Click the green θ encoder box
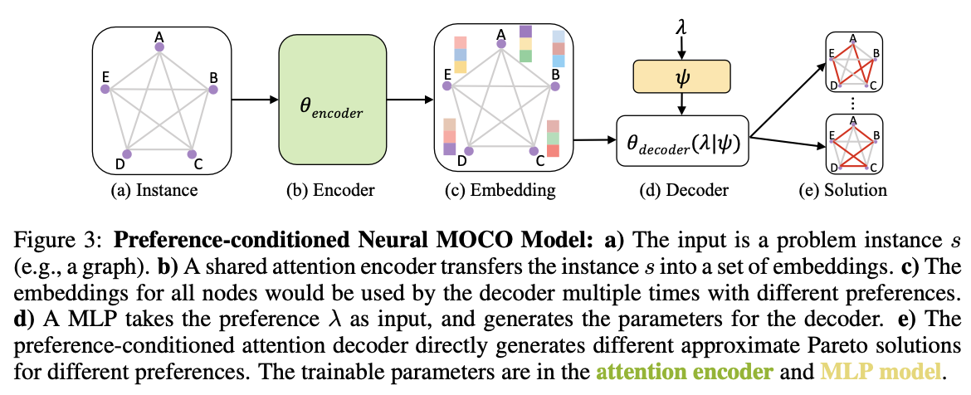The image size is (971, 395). click(333, 101)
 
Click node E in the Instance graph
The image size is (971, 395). click(105, 85)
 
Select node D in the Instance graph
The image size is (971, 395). click(127, 154)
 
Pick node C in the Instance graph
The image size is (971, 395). click(192, 154)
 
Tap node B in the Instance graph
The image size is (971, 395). click(212, 87)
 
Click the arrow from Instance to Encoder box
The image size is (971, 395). click(254, 101)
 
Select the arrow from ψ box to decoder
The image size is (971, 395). click(681, 103)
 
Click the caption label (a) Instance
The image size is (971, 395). click(155, 190)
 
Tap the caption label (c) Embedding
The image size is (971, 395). click(505, 190)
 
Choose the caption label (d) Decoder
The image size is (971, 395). click(682, 190)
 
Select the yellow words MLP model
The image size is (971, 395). click(849, 372)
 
